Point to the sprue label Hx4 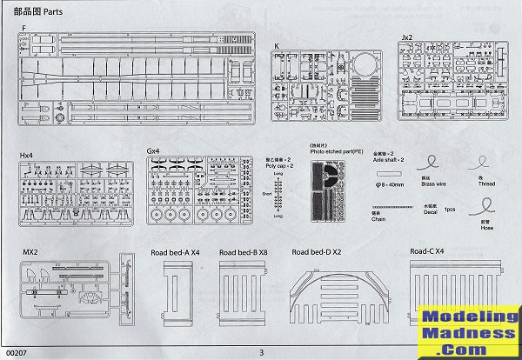pyautogui.click(x=29, y=154)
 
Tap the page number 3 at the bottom pyautogui.click(x=261, y=352)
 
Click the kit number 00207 pyautogui.click(x=17, y=352)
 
